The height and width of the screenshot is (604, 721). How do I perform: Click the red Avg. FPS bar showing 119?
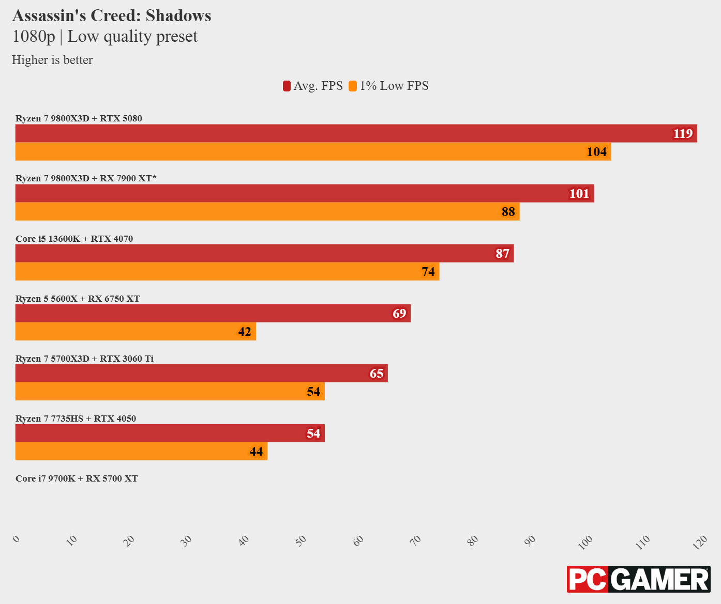coord(356,133)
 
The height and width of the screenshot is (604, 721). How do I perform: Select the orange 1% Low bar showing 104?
coord(313,151)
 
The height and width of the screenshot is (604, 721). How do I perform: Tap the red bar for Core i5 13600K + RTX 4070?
coord(264,253)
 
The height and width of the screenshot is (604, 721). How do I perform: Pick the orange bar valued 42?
coord(136,331)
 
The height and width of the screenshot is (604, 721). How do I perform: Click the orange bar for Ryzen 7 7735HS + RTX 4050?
coord(141,451)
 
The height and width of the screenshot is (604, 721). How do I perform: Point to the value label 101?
coord(579,194)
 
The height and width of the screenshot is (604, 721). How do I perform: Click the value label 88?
coord(508,212)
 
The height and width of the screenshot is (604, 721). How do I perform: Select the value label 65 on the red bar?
coord(376,374)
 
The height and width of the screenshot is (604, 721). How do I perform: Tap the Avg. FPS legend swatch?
coord(287,86)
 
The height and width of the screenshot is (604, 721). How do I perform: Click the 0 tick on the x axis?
coord(17,539)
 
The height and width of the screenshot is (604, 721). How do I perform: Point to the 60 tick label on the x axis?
coord(358,540)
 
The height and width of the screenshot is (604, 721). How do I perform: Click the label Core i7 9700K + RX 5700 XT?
coord(77,478)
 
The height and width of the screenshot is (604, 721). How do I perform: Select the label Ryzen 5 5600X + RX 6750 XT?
coord(78,299)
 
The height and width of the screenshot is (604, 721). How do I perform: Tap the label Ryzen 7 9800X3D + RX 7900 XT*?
coord(86,178)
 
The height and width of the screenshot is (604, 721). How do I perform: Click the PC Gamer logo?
coord(638,579)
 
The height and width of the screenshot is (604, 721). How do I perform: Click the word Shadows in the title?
coord(178,16)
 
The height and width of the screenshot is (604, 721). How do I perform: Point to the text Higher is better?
coord(52,60)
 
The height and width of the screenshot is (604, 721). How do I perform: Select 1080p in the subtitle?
coord(34,37)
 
